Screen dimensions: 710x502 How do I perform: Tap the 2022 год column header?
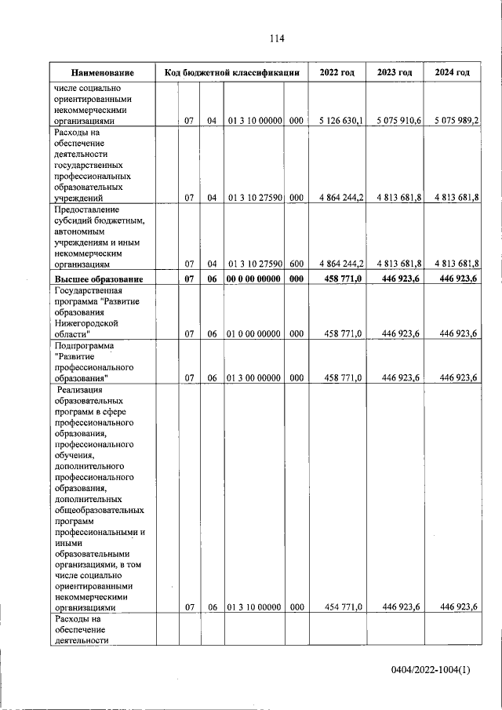click(336, 73)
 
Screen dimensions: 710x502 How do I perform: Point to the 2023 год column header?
click(395, 73)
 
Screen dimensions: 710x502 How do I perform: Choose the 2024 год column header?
click(453, 73)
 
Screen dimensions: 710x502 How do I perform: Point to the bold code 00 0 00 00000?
click(254, 279)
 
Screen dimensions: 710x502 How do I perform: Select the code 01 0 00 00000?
click(254, 333)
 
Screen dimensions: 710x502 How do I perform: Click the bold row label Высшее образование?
click(98, 279)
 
